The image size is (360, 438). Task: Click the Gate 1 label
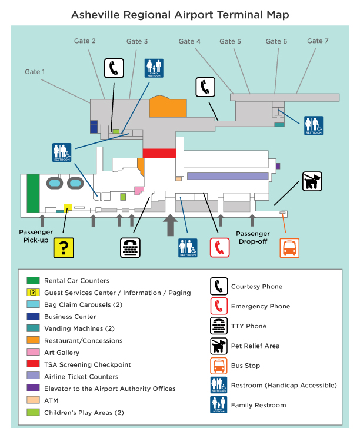[x=35, y=72]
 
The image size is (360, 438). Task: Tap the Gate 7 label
[x=318, y=41]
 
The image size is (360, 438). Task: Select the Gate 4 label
[x=189, y=41]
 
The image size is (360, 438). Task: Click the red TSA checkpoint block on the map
[x=159, y=153]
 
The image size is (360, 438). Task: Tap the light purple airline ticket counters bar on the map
[x=226, y=176]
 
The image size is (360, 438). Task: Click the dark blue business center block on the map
[x=94, y=127]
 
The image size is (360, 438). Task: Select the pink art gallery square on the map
[x=139, y=190]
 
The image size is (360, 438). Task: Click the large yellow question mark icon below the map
[x=64, y=248]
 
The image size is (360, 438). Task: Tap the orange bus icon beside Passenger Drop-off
[x=289, y=248]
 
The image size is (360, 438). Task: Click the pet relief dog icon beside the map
[x=312, y=181]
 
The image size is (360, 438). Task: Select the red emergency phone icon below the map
[x=219, y=248]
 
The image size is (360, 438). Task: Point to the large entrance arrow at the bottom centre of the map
[x=170, y=225]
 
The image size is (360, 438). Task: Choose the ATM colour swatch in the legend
[x=32, y=400]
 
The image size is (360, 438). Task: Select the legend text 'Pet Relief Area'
[x=255, y=346]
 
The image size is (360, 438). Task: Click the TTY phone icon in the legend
[x=219, y=326]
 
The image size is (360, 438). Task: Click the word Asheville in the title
[x=95, y=15]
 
